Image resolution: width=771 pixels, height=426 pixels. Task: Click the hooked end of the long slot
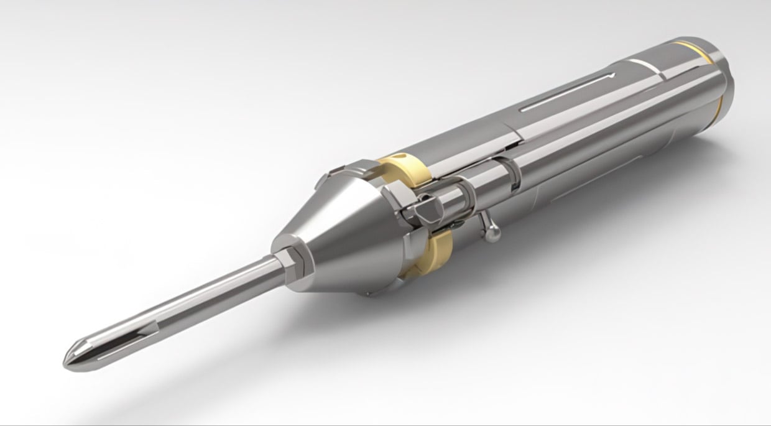point(612,75)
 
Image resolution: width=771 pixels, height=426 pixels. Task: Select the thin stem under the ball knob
point(485,221)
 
